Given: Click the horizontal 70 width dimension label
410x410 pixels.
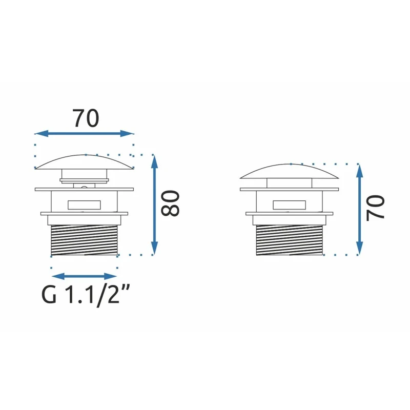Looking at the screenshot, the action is click(86, 118).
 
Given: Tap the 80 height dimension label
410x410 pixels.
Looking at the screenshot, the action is click(170, 203).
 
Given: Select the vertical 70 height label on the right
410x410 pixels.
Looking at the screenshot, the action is click(375, 209).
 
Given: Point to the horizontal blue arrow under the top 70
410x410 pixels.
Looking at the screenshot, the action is click(84, 133).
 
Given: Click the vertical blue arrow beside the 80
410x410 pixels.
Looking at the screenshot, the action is click(155, 204).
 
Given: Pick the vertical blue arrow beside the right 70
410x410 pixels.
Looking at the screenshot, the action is click(360, 209).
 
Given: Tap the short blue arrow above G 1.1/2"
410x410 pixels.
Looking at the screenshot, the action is click(84, 276).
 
